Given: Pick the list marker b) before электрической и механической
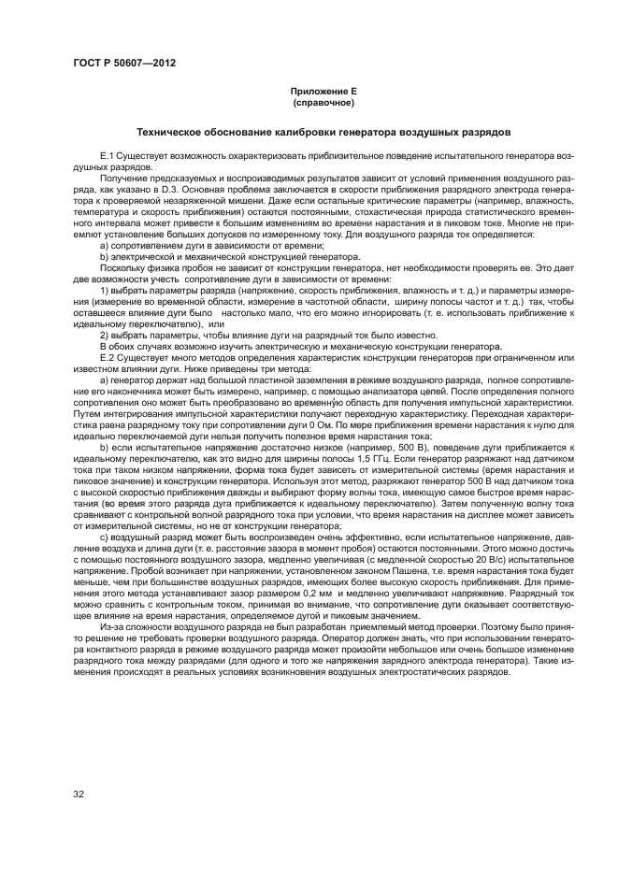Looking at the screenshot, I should [104, 256].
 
